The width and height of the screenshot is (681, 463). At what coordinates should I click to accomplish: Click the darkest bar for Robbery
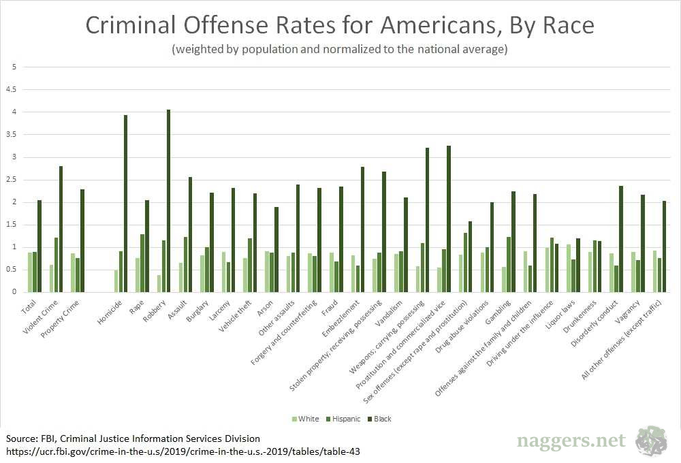(x=168, y=201)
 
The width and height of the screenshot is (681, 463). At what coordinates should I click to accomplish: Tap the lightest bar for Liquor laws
(x=569, y=268)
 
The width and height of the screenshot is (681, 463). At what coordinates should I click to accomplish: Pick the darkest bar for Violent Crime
(x=61, y=229)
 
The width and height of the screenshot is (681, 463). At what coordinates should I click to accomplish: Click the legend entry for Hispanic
(x=343, y=419)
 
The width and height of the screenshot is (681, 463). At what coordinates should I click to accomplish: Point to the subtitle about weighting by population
(x=340, y=50)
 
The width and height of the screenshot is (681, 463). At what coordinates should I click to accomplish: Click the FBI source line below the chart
(x=133, y=438)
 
